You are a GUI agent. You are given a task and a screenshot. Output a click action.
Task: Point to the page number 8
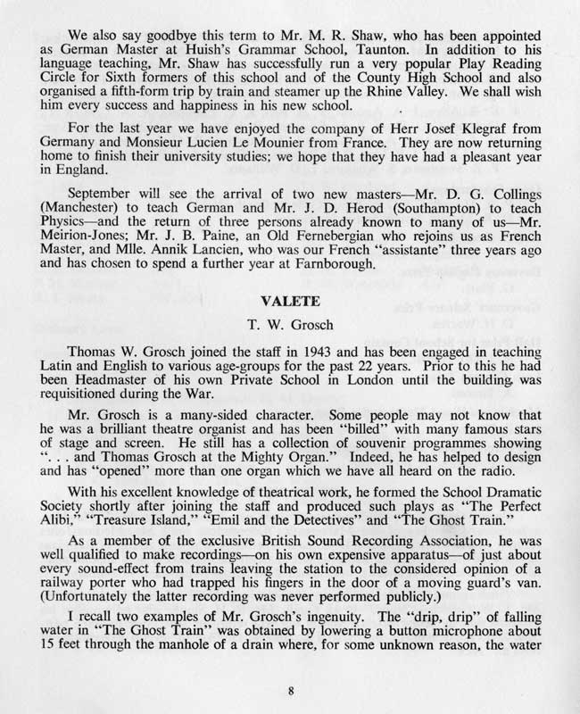click(291, 689)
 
